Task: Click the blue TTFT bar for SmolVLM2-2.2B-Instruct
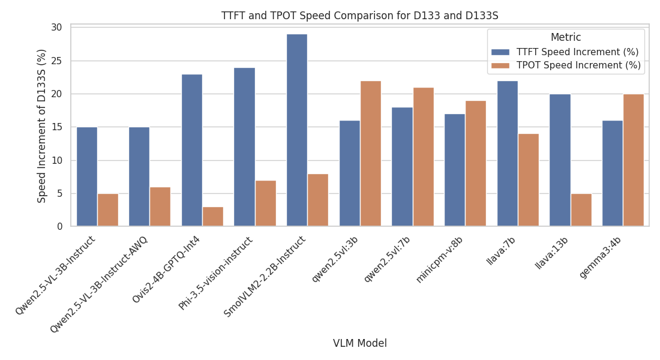coord(297,130)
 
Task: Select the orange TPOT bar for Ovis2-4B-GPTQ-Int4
coord(213,217)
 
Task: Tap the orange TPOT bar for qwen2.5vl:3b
coord(371,154)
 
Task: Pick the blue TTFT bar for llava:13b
coord(560,160)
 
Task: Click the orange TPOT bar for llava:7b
coord(529,180)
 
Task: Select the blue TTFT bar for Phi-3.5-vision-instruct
coord(244,147)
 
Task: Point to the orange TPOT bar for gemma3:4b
coord(634,160)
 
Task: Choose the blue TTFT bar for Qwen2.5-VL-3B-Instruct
coord(87,177)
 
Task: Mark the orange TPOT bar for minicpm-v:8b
coord(476,163)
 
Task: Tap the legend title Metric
coord(565,37)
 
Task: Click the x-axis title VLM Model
coord(360,343)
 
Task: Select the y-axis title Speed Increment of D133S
coord(42,126)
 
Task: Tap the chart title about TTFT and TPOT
coord(360,16)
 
